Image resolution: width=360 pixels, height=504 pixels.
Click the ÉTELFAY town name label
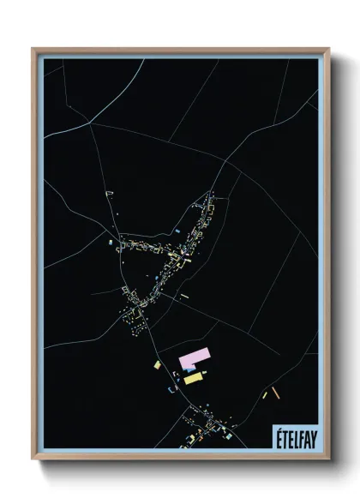[x=293, y=435]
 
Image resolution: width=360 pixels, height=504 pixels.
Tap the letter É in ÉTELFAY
[x=278, y=435]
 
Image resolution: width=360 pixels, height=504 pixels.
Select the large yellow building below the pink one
[x=194, y=377]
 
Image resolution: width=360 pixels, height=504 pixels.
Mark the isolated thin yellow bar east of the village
[x=184, y=296]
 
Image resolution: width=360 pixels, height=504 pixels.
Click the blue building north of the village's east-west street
[x=177, y=232]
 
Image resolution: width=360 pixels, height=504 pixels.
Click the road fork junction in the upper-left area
[x=92, y=123]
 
